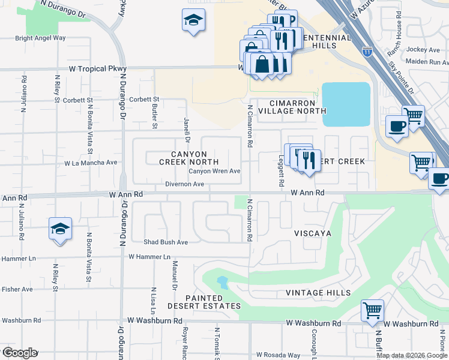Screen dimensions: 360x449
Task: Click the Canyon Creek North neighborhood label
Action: pos(188,157)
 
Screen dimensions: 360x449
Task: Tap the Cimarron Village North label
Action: pos(292,107)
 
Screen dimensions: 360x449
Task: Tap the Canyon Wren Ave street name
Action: pos(214,171)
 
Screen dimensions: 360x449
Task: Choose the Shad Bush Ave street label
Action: pos(166,242)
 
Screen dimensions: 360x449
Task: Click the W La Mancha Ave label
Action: pos(91,163)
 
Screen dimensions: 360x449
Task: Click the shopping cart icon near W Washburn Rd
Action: pos(372,311)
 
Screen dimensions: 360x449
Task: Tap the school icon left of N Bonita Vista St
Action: pos(60,229)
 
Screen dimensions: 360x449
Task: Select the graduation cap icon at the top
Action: pos(194,20)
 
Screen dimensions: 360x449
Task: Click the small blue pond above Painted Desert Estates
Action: pos(222,282)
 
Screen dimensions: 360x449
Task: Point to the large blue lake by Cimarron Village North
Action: pos(346,104)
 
